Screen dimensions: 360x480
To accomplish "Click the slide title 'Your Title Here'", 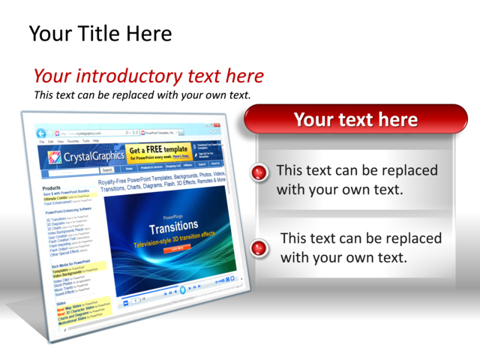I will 100,34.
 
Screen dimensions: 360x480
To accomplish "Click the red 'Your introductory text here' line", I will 148,76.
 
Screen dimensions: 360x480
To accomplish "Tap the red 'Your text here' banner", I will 355,119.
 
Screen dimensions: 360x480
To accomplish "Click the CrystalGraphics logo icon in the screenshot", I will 54,157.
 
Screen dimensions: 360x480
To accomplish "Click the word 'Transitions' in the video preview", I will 174,226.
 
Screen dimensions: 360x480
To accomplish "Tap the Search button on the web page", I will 108,170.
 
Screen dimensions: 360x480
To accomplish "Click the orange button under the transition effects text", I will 177,248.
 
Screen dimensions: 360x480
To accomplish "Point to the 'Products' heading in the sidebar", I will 52,188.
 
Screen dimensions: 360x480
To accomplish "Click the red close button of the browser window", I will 216,125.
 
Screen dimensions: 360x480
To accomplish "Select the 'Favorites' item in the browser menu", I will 73,140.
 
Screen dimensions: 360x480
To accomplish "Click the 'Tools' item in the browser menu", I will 86,140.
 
